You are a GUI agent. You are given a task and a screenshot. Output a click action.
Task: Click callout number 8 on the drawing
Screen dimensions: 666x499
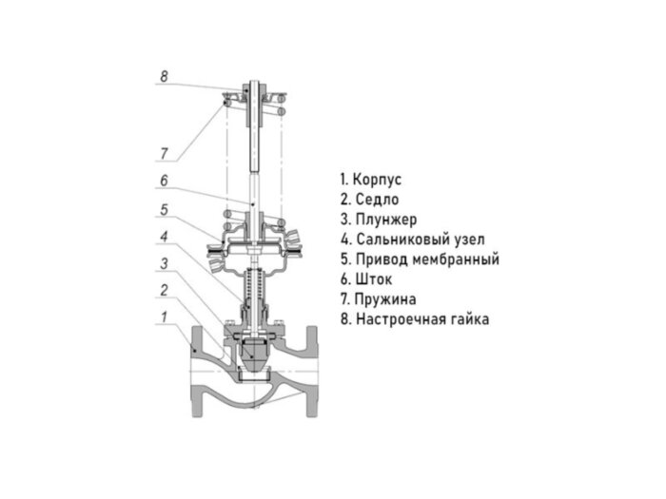point(164,76)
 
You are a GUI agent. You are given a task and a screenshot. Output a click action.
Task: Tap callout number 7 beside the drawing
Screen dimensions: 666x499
point(164,153)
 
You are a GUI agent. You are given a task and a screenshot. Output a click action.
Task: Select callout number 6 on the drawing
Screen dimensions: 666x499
point(164,181)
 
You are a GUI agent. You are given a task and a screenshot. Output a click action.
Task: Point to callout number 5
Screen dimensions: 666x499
point(164,209)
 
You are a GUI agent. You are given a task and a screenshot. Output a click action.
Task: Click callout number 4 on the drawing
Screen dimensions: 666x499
point(164,237)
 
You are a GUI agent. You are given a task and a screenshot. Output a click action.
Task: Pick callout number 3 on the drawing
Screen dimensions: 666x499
point(164,263)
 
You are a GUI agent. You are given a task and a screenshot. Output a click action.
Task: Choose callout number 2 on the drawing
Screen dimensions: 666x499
point(164,290)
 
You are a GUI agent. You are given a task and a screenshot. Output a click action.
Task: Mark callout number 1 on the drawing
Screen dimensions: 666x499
point(164,317)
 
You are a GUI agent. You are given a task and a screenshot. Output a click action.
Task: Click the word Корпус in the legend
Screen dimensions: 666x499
point(377,180)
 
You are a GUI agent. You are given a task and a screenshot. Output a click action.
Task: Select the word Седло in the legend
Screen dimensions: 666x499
point(377,199)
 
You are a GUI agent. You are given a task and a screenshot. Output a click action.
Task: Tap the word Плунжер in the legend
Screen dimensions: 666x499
point(386,220)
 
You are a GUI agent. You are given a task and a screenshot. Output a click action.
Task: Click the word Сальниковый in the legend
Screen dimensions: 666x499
point(401,240)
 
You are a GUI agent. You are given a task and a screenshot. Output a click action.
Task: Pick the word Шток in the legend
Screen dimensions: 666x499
point(374,279)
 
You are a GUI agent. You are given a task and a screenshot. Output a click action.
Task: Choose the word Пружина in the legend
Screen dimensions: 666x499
point(385,299)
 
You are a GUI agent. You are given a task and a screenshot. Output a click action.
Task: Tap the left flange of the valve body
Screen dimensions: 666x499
point(198,373)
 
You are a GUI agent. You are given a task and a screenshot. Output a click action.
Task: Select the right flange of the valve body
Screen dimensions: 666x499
point(312,373)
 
